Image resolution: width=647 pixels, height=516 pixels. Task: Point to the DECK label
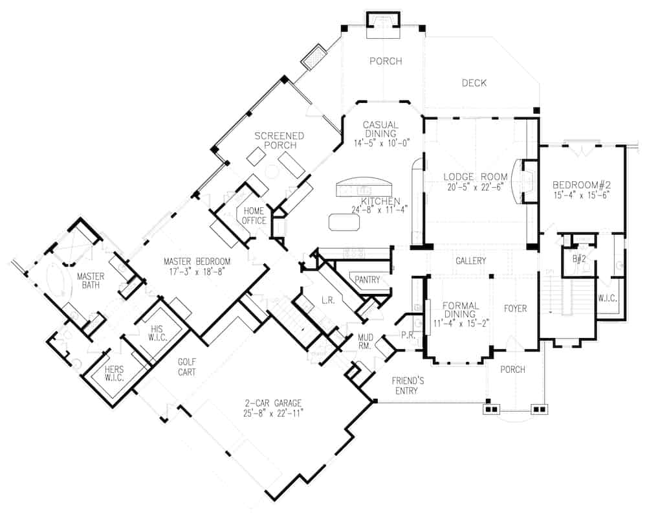[x=474, y=83]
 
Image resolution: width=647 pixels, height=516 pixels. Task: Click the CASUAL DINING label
[x=381, y=129]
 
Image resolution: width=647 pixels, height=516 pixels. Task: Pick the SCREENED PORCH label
[x=280, y=140]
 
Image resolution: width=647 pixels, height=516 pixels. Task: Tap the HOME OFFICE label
[x=254, y=216]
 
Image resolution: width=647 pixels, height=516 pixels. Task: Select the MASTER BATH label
[x=91, y=280]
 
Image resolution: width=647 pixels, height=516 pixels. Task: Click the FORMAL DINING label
[x=461, y=310]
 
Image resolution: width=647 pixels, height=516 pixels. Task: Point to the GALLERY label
[x=471, y=260]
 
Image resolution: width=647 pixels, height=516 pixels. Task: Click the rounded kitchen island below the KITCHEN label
[x=344, y=222]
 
